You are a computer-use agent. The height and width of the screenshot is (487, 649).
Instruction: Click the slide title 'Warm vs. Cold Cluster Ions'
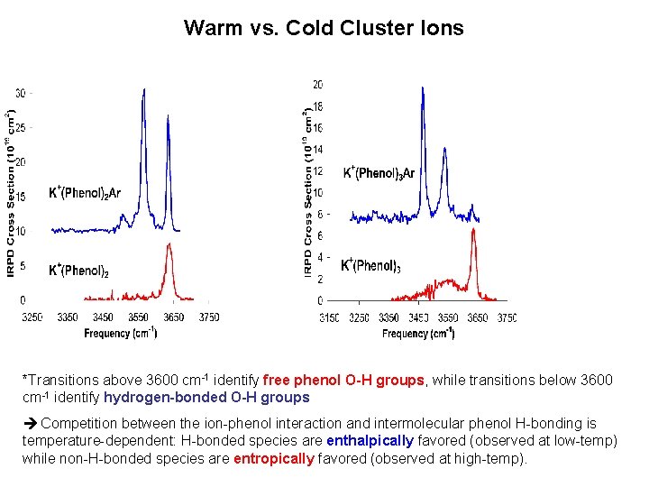tap(324, 28)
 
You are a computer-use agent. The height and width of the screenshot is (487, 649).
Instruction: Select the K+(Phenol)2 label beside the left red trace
tap(78, 270)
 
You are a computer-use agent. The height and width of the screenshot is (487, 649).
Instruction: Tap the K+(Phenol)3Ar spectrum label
tap(379, 172)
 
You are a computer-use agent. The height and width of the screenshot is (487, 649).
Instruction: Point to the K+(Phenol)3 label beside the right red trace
tap(370, 265)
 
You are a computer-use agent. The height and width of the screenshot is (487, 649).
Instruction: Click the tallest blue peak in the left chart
tap(143, 91)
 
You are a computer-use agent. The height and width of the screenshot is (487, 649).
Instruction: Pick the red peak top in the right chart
tap(473, 232)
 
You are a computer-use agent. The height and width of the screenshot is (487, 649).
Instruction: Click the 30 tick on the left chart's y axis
tap(22, 93)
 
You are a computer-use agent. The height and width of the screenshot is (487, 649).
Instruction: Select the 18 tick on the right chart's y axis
tap(317, 106)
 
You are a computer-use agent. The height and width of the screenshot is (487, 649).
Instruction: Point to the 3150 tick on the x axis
tap(329, 317)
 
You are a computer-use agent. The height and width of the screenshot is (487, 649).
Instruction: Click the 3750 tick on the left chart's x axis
tap(208, 317)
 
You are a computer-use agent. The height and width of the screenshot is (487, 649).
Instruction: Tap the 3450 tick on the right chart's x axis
tap(418, 317)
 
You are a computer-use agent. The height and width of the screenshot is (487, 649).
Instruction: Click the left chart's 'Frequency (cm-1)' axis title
tap(121, 333)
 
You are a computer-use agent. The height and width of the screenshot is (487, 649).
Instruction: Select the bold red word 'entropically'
tap(273, 458)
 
